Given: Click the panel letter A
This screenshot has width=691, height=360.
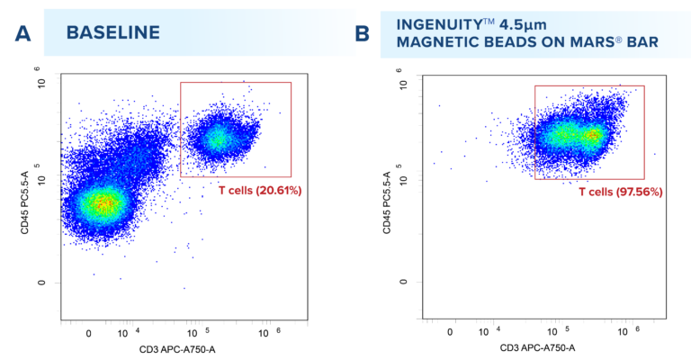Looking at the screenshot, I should [24, 33].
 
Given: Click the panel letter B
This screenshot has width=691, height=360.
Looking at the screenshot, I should [363, 33].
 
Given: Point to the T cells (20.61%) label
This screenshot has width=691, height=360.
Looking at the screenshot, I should [260, 191].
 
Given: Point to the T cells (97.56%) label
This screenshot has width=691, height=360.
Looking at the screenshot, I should [615, 192].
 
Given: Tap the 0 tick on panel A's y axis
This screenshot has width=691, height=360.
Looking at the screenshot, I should [40, 282].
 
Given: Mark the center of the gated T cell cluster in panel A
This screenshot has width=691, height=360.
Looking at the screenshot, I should [218, 138].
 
